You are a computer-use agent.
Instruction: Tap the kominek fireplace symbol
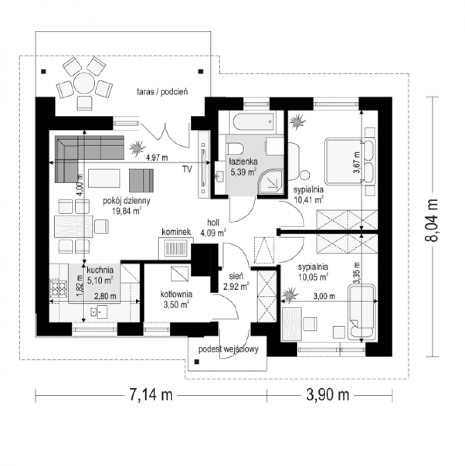(176, 248)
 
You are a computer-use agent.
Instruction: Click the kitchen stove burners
(58, 288)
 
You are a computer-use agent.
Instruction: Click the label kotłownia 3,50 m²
(176, 300)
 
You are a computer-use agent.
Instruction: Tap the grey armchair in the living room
(141, 181)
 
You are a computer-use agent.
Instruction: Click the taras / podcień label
(163, 92)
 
